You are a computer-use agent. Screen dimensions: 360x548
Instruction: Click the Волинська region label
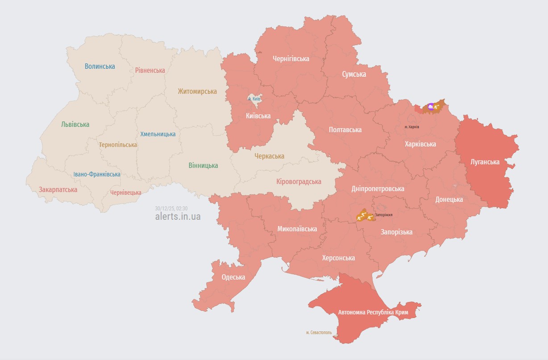[x=100, y=66]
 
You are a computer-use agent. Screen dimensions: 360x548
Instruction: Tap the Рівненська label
[x=150, y=70]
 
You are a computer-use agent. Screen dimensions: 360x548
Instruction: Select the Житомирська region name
[x=197, y=91]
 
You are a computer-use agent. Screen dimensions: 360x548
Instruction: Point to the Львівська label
[x=75, y=124]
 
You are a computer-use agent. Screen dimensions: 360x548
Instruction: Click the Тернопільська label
[x=118, y=145]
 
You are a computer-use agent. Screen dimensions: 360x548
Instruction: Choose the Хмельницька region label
[x=158, y=134]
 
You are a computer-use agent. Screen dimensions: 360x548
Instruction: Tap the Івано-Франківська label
[x=97, y=174]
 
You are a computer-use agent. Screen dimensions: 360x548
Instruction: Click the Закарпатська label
[x=58, y=189]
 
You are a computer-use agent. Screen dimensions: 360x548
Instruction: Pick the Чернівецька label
[x=126, y=193]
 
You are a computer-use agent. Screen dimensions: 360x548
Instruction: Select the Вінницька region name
[x=203, y=165]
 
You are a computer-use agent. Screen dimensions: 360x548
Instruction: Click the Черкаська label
[x=269, y=156]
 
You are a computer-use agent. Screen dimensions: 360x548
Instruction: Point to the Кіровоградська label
[x=299, y=181]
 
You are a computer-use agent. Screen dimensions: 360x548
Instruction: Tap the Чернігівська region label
[x=291, y=59]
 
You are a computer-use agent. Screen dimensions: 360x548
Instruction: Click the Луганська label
[x=485, y=161]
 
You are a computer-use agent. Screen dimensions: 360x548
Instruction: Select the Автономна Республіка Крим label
[x=373, y=312]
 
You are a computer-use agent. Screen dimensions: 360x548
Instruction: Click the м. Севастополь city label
[x=319, y=333]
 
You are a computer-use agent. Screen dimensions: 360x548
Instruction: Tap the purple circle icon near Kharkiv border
[x=430, y=106]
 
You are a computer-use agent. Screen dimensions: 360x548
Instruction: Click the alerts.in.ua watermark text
[x=178, y=217]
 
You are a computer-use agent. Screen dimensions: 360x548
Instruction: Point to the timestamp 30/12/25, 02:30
[x=171, y=208]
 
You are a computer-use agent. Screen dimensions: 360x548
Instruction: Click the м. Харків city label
[x=411, y=127]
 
